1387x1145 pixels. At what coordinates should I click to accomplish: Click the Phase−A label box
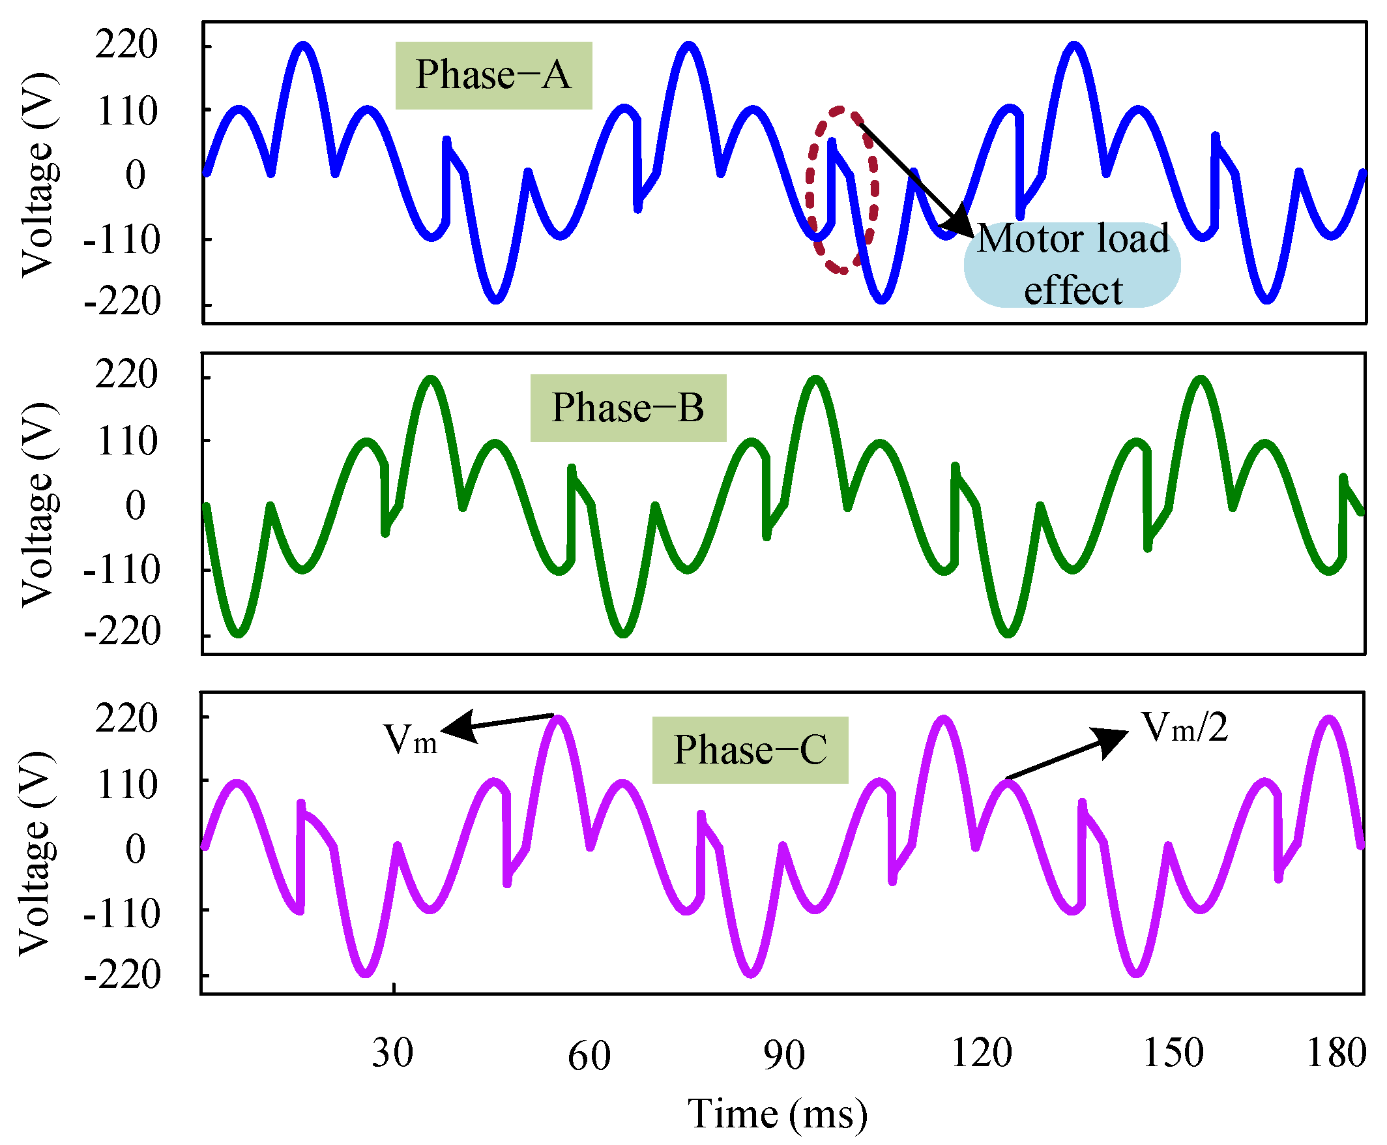click(x=493, y=75)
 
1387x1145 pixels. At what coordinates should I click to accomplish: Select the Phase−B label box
click(x=628, y=408)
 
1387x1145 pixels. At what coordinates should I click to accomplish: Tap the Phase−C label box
click(x=750, y=750)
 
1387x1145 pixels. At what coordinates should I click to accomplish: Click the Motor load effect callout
click(x=1072, y=265)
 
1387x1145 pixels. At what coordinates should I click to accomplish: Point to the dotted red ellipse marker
click(x=842, y=189)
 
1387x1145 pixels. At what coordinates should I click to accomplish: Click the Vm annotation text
click(x=409, y=739)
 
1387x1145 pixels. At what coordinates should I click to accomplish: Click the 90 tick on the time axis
click(x=784, y=1054)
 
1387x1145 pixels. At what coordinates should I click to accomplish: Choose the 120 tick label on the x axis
click(x=981, y=1052)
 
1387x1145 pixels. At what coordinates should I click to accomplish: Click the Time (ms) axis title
click(x=777, y=1114)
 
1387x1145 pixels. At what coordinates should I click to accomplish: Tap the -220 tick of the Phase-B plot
click(x=122, y=632)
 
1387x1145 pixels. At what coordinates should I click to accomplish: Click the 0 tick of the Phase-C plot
click(x=136, y=848)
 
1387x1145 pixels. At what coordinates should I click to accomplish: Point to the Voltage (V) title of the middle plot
click(x=38, y=505)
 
